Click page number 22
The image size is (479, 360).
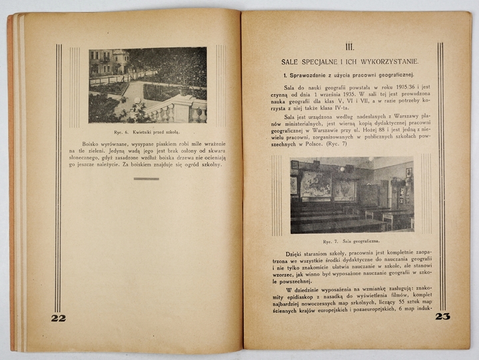pos(59,318)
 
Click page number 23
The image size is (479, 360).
pos(442,317)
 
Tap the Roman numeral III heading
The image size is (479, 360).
pos(349,47)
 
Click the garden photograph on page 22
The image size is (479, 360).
pos(147,85)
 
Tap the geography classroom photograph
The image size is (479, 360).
pos(351,195)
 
